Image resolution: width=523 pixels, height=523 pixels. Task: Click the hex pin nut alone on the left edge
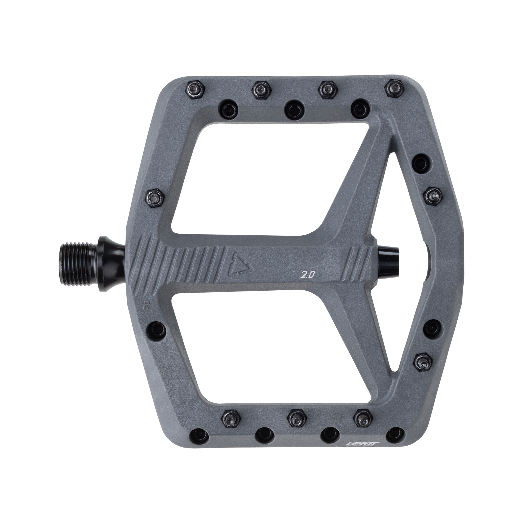pyautogui.click(x=154, y=195)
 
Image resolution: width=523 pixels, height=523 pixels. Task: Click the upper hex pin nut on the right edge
pyautogui.click(x=433, y=195)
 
